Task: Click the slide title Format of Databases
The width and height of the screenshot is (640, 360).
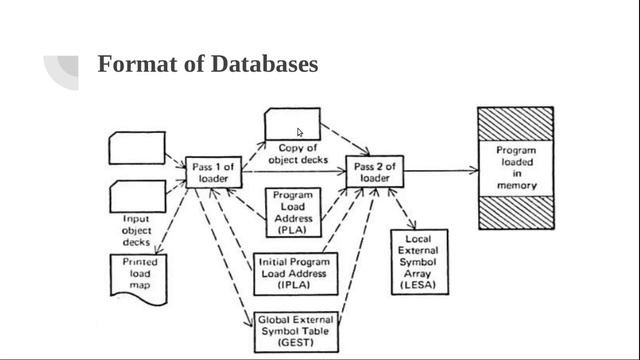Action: click(207, 65)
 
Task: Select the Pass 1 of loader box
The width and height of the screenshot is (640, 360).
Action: click(213, 171)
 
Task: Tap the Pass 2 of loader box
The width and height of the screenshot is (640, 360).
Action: click(374, 171)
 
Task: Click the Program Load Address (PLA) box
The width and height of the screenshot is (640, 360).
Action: click(292, 211)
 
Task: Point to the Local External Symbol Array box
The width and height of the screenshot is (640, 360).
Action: click(419, 261)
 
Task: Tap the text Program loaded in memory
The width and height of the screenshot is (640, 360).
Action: click(516, 168)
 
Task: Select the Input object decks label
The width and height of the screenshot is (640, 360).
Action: click(136, 229)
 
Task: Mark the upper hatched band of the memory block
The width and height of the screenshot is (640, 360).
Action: click(516, 124)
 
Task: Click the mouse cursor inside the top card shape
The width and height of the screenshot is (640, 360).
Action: click(300, 132)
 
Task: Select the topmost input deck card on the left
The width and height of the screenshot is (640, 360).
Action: click(136, 148)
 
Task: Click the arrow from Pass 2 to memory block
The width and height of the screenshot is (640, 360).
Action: click(440, 171)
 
